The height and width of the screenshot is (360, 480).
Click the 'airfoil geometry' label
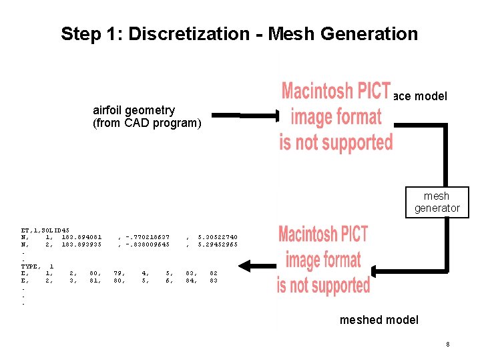(x=134, y=110)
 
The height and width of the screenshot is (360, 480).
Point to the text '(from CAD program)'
(x=146, y=123)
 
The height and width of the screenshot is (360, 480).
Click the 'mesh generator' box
(x=437, y=202)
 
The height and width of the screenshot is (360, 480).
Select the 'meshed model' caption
(x=379, y=320)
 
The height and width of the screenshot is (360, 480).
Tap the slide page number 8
(x=447, y=345)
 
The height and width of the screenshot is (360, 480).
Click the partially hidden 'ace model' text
(x=420, y=96)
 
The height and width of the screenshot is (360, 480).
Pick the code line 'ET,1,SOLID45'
(x=45, y=230)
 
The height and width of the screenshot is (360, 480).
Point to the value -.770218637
(x=147, y=237)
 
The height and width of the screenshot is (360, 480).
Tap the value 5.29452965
(x=218, y=244)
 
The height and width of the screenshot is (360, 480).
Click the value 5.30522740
(x=218, y=237)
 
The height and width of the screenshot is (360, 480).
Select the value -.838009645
(x=147, y=244)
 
